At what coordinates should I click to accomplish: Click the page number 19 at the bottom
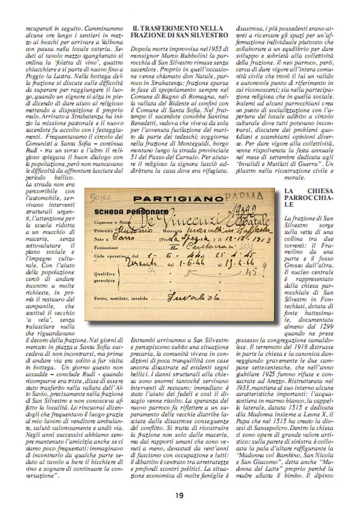(180, 495)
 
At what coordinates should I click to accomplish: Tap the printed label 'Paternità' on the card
(105, 231)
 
